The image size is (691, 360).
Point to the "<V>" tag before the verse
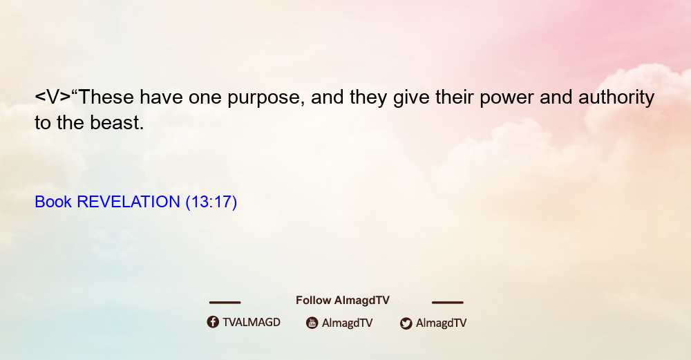click(53, 97)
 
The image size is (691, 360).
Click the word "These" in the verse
click(106, 97)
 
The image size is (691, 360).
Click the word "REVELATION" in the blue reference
click(129, 202)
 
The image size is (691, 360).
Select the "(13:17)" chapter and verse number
click(211, 202)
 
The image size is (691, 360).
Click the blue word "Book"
click(53, 202)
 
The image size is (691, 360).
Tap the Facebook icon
click(213, 322)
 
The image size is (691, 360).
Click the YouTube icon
click(312, 323)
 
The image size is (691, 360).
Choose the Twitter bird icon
click(406, 323)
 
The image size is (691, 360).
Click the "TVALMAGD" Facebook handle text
click(252, 322)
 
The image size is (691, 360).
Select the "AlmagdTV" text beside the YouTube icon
click(348, 323)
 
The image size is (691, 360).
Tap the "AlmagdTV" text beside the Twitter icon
click(441, 323)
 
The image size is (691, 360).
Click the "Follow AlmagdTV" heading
click(343, 300)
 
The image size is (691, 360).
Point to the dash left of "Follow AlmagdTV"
click(225, 302)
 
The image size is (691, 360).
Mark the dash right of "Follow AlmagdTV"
click(448, 302)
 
